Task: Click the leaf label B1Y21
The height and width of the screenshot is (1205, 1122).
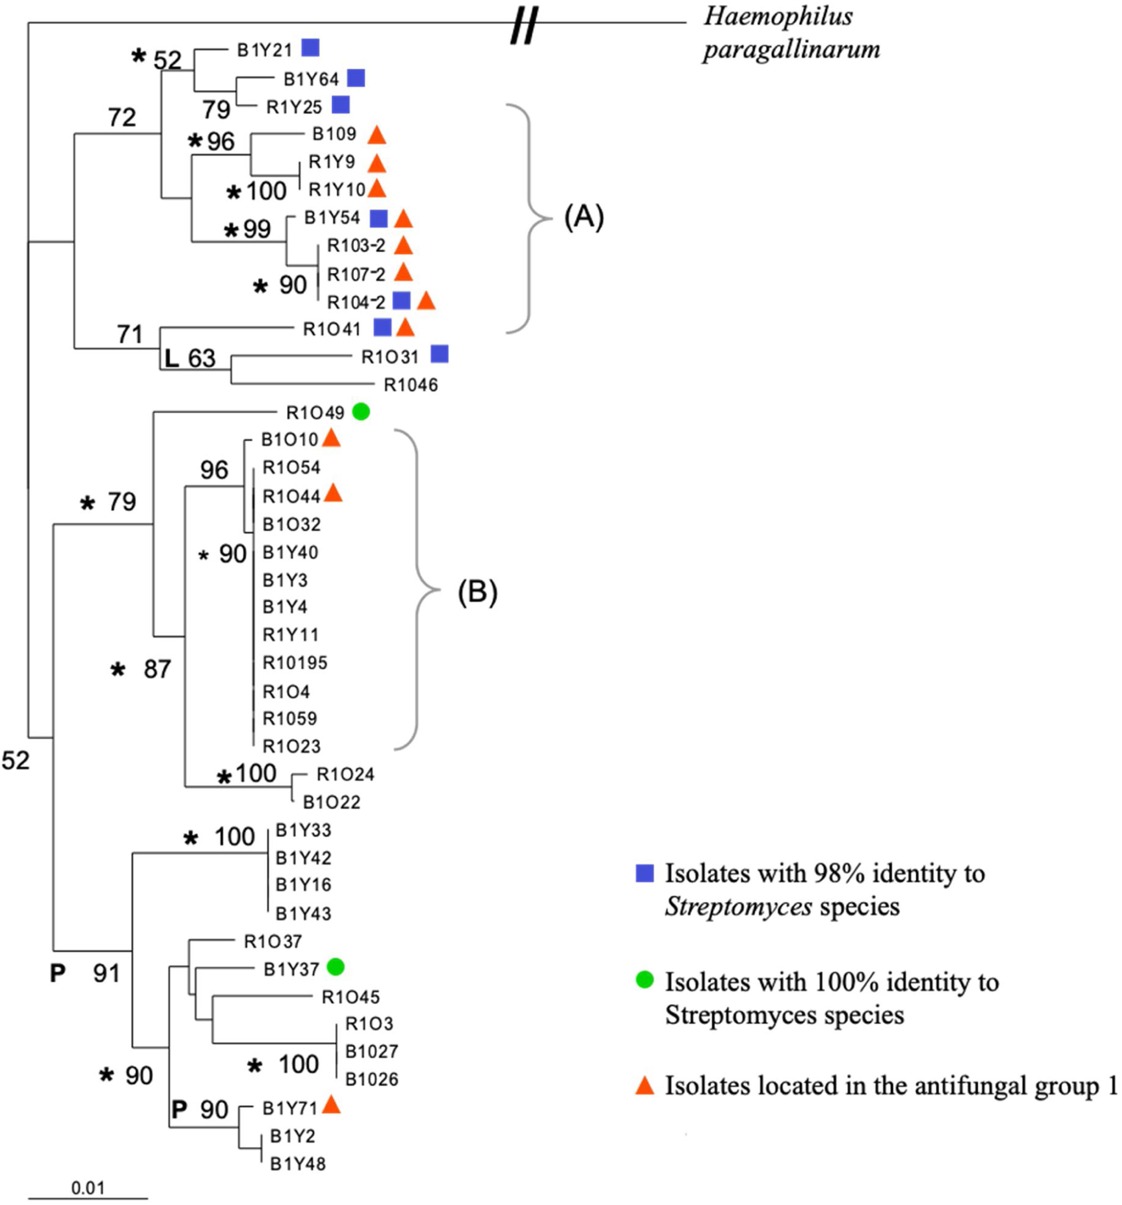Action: pyautogui.click(x=264, y=50)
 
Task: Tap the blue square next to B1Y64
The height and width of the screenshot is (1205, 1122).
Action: pyautogui.click(x=356, y=78)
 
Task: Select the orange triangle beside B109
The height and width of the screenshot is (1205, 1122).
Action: pyautogui.click(x=376, y=135)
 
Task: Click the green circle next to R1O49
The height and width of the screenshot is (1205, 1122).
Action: pyautogui.click(x=361, y=412)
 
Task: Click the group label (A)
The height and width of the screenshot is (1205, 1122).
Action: pyautogui.click(x=584, y=217)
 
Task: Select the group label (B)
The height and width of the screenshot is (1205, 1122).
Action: pyautogui.click(x=477, y=592)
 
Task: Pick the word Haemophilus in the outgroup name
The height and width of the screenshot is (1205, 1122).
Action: pyautogui.click(x=778, y=17)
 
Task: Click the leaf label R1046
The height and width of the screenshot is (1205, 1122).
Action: pyautogui.click(x=410, y=385)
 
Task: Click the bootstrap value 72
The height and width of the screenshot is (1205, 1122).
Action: pyautogui.click(x=122, y=117)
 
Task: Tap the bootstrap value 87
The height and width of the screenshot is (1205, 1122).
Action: pyautogui.click(x=157, y=669)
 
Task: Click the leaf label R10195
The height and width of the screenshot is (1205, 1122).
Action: pyautogui.click(x=295, y=663)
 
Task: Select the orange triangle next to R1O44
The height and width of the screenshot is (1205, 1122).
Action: pyautogui.click(x=333, y=494)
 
